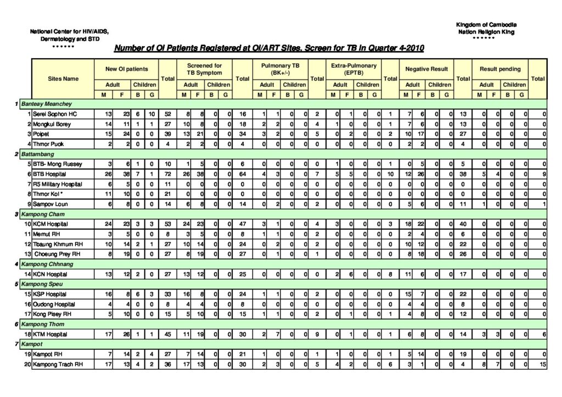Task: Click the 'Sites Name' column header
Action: (63, 78)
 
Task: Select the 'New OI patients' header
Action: (127, 69)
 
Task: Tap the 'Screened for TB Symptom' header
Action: (204, 69)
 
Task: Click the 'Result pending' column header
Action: (500, 69)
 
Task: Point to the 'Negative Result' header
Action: (426, 69)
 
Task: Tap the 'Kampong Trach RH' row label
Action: (58, 364)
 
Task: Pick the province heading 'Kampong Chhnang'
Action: (44, 264)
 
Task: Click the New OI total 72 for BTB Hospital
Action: (167, 174)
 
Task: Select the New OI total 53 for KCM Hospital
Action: (167, 224)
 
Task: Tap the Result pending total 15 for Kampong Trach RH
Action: (542, 364)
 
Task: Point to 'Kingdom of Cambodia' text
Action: (486, 25)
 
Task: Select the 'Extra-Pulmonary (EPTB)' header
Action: (353, 69)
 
